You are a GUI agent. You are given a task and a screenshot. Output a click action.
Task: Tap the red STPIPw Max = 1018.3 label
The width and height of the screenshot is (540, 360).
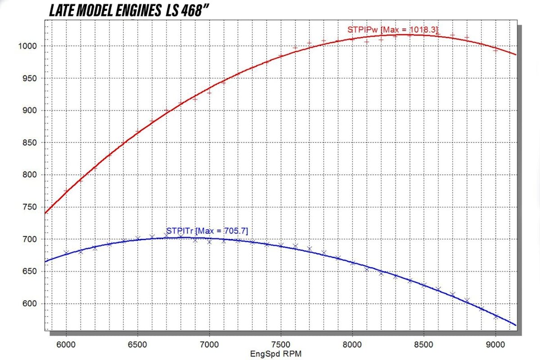[x=393, y=30]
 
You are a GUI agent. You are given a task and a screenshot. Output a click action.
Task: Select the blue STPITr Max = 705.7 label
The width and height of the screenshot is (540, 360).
[x=207, y=231]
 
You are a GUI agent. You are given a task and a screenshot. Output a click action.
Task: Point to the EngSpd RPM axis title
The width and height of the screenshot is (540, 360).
[x=276, y=354]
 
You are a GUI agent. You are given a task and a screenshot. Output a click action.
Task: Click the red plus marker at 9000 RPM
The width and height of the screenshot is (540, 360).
[x=495, y=50]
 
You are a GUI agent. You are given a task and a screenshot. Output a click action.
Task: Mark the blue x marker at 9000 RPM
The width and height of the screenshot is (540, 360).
[x=495, y=316]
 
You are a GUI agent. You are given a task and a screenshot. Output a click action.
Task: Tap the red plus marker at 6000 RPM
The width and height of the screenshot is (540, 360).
[x=66, y=191]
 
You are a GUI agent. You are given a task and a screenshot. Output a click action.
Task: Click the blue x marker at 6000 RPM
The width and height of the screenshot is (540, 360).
[x=66, y=253]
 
